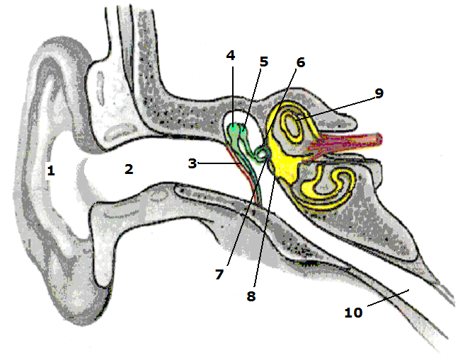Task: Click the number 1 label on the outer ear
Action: pyautogui.click(x=50, y=170)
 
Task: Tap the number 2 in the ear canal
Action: pyautogui.click(x=128, y=169)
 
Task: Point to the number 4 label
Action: pyautogui.click(x=231, y=55)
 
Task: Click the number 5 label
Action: pyautogui.click(x=263, y=62)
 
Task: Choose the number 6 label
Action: pyautogui.click(x=300, y=62)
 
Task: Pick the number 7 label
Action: pyautogui.click(x=219, y=273)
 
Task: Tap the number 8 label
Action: pyautogui.click(x=251, y=296)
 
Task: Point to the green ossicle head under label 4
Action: pyautogui.click(x=236, y=130)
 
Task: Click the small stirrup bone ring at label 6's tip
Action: pyautogui.click(x=263, y=152)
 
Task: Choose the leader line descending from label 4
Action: pyautogui.click(x=231, y=92)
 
